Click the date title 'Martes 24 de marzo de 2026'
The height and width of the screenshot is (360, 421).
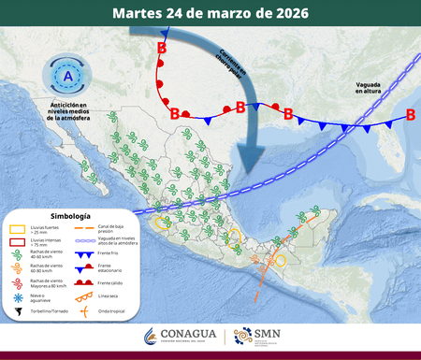click(210, 13)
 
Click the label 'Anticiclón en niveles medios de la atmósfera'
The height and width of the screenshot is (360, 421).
click(69, 111)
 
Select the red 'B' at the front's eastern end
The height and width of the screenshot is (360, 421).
click(411, 116)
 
